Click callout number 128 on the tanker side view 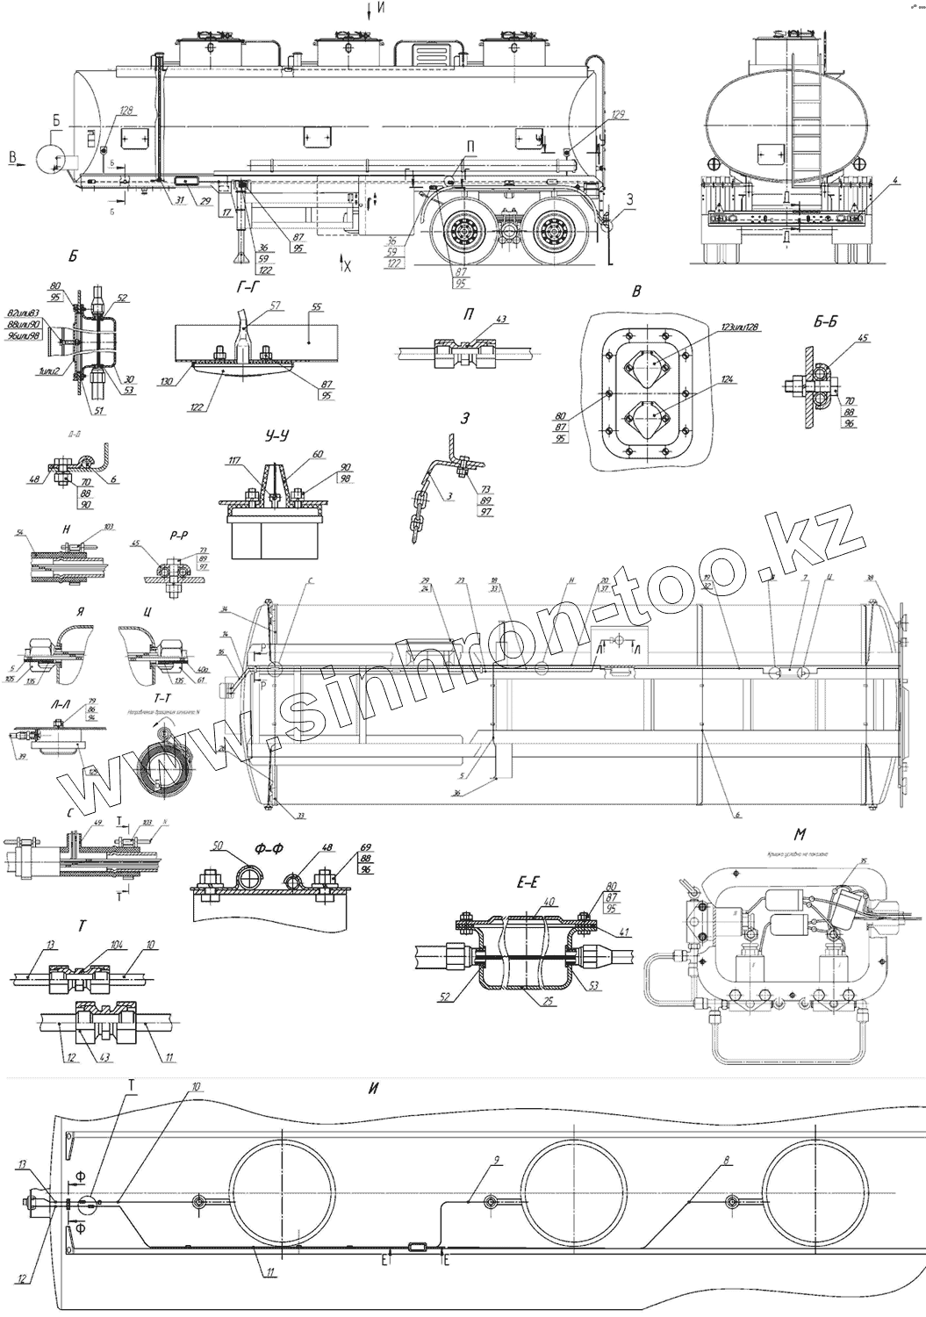(x=126, y=112)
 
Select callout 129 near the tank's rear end (x=618, y=115)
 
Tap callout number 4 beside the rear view (x=895, y=180)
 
